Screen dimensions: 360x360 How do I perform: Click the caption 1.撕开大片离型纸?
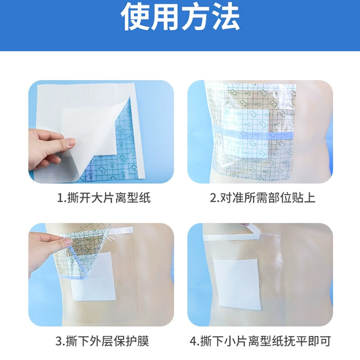[103, 198]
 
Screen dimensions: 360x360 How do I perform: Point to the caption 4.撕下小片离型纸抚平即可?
[260, 341]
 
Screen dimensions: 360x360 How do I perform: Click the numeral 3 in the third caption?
[58, 341]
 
